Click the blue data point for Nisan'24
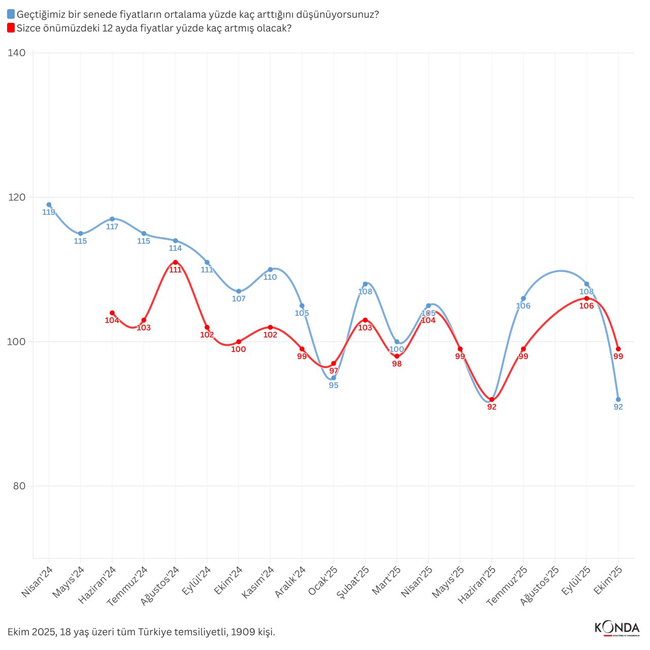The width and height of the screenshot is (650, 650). pos(49,205)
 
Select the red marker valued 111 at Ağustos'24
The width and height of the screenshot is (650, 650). pos(175,262)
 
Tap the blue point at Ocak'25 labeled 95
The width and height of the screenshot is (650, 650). pos(334,378)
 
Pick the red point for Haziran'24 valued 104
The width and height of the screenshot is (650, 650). pos(112,313)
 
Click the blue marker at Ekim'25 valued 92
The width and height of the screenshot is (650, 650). pos(618,400)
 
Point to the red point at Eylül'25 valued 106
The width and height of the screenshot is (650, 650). pos(587,298)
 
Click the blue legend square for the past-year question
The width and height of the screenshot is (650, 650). pos(11,15)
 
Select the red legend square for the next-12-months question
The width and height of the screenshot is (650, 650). pos(11,28)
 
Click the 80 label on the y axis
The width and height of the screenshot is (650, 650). pos(19,486)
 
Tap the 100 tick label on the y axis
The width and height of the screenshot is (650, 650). pos(17,342)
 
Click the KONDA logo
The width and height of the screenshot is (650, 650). pos(616,628)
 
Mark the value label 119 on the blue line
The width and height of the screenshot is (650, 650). pos(49,212)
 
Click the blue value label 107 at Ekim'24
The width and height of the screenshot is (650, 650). pos(239,299)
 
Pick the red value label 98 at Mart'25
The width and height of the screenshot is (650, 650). pos(397,364)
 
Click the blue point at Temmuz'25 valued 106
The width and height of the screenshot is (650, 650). pos(523,299)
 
